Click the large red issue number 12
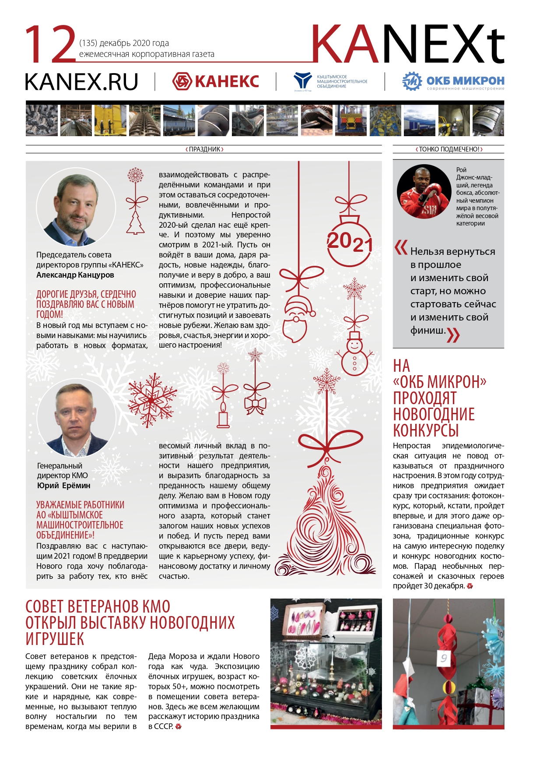coord(50,44)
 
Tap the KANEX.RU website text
coord(81,82)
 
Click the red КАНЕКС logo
coord(216,81)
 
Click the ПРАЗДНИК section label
coord(204,149)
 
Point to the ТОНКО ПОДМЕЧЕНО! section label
coord(449,149)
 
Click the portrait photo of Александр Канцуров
coord(76,207)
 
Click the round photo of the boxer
coord(424,192)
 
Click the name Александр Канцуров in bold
coord(75,275)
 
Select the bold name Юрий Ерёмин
coord(64,486)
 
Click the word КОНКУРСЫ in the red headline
coord(426,430)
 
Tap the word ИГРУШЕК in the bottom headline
coord(55,639)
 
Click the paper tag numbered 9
coord(444,658)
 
